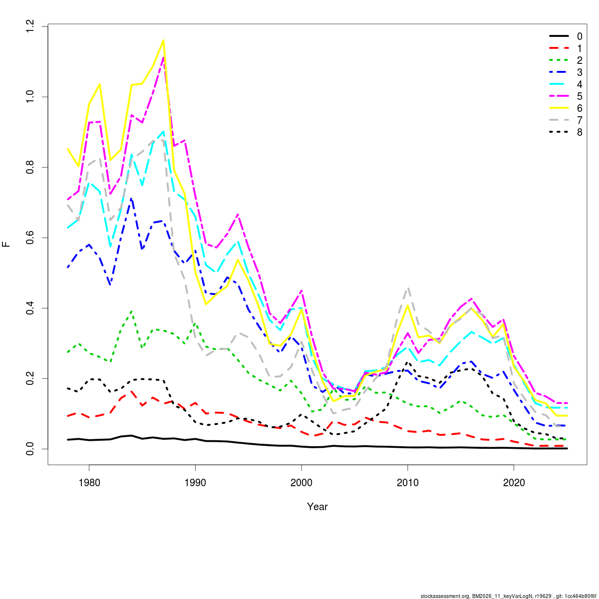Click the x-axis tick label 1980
click(x=89, y=483)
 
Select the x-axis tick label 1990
click(x=195, y=483)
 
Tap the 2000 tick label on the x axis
click(x=301, y=483)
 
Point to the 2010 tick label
click(x=408, y=483)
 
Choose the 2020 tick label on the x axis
click(x=514, y=483)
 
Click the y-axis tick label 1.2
click(x=31, y=26)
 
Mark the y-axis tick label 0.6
click(x=31, y=238)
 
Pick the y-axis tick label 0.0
click(x=31, y=449)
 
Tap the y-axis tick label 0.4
click(x=31, y=308)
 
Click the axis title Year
click(x=317, y=507)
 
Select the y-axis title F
click(x=6, y=245)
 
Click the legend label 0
click(x=580, y=36)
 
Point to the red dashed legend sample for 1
click(x=559, y=48)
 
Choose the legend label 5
click(x=580, y=96)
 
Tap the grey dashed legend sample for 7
click(x=559, y=120)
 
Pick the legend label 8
click(x=580, y=132)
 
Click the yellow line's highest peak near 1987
click(x=163, y=40)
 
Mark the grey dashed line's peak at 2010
click(x=408, y=288)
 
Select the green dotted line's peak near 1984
click(x=131, y=311)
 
